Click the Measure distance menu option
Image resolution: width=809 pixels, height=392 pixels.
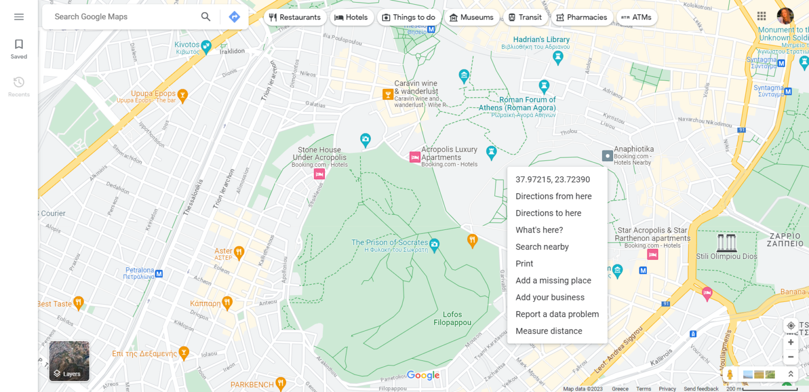(x=549, y=331)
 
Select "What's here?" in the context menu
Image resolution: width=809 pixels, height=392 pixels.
(x=539, y=230)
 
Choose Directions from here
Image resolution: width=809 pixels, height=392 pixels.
(x=554, y=196)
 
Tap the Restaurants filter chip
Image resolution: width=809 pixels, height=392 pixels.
(x=295, y=17)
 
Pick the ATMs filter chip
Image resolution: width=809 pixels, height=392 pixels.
(x=636, y=17)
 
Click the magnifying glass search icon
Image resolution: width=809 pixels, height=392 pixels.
(x=206, y=17)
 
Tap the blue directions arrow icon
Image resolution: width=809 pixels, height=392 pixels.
(x=234, y=17)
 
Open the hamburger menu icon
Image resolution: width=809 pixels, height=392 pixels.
(x=19, y=17)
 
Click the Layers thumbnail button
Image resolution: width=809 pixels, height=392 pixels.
(x=70, y=361)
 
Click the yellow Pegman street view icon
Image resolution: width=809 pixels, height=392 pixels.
(x=730, y=375)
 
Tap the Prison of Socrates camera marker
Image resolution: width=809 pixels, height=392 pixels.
(x=434, y=244)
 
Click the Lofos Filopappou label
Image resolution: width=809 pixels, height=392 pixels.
(x=452, y=319)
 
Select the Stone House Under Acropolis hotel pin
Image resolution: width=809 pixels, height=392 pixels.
(x=319, y=174)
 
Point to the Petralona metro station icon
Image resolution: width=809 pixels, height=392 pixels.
(x=159, y=274)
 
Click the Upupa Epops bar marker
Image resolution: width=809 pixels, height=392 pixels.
(x=183, y=95)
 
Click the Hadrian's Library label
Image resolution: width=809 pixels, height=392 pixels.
(x=541, y=39)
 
